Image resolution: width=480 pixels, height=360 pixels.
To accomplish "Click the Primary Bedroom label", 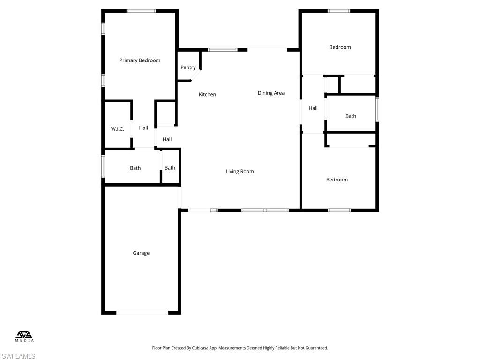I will pyautogui.click(x=140, y=60).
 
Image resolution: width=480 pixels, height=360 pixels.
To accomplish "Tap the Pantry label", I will pyautogui.click(x=188, y=67).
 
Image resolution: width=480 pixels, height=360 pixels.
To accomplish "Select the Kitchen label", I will pyautogui.click(x=207, y=95).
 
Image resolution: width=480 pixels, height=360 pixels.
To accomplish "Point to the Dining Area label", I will pyautogui.click(x=271, y=93).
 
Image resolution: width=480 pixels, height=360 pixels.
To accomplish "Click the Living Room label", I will pyautogui.click(x=240, y=172).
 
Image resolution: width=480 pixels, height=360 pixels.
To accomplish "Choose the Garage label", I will pyautogui.click(x=141, y=253).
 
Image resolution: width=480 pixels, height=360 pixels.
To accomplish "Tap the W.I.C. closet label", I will pyautogui.click(x=117, y=129).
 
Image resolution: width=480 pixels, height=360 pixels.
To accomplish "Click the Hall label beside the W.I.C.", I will pyautogui.click(x=143, y=128).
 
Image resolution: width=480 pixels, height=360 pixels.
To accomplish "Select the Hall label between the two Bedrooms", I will pyautogui.click(x=313, y=108).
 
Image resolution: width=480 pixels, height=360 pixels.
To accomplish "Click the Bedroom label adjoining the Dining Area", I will pyautogui.click(x=340, y=47).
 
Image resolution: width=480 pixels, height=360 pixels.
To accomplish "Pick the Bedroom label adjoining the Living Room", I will pyautogui.click(x=337, y=180).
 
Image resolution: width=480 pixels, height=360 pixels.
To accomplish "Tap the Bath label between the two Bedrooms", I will pyautogui.click(x=351, y=116).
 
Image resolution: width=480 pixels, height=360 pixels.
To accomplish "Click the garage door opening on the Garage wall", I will pyautogui.click(x=142, y=313).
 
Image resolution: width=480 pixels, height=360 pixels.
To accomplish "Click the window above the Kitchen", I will pyautogui.click(x=223, y=49).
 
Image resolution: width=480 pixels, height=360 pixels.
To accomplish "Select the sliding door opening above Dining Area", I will pyautogui.click(x=267, y=49).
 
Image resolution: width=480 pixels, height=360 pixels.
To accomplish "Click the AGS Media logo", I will pyautogui.click(x=24, y=336).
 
